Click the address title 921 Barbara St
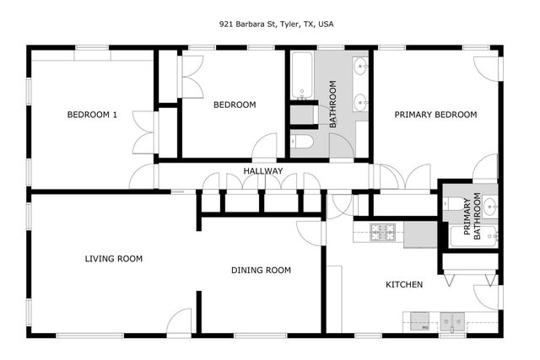270,24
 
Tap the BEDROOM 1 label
92,115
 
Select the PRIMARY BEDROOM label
435,115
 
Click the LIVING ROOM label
113,259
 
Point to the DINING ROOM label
261,271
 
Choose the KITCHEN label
404,285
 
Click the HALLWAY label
262,172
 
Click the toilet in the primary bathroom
450,203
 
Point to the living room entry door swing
180,322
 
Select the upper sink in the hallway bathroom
360,66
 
